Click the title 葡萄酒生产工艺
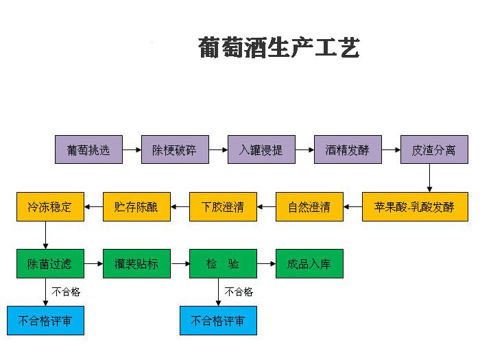point(278,48)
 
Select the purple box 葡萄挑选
point(88,149)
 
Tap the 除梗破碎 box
point(175,149)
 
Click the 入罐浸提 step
point(261,149)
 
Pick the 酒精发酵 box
point(348,149)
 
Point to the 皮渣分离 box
point(434,149)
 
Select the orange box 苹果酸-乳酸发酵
point(414,206)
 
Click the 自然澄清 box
point(309,206)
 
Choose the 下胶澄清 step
point(223,206)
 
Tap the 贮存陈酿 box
point(136,206)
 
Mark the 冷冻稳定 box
point(50,206)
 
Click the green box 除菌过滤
point(50,263)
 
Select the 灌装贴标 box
point(136,263)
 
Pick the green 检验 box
point(223,263)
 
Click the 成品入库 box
point(309,263)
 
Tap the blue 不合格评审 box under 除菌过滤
point(45,320)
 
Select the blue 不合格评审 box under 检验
point(218,320)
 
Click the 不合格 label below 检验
point(239,292)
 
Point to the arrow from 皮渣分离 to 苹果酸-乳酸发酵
point(429,178)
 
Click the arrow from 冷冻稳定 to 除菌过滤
point(45,235)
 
